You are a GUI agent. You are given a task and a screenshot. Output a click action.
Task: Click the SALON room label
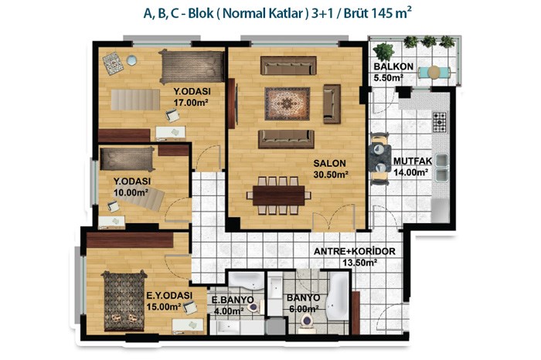click(329, 163)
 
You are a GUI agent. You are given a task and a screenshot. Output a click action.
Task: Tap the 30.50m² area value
click(331, 175)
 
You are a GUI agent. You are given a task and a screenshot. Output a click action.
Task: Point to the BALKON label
click(393, 66)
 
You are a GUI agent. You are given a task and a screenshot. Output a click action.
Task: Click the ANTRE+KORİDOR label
click(354, 251)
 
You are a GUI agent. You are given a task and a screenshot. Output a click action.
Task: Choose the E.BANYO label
click(232, 300)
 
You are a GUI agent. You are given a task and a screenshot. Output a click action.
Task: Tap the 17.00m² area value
click(190, 103)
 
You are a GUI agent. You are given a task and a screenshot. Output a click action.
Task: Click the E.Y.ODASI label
click(169, 296)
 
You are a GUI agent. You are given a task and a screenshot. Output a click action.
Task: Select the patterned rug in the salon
click(287, 104)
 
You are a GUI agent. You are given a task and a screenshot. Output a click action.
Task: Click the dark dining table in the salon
click(278, 195)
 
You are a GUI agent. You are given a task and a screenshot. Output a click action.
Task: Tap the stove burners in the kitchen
click(440, 122)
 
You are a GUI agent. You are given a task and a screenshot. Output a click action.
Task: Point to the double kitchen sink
click(441, 168)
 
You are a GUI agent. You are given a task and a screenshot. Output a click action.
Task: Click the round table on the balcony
click(434, 73)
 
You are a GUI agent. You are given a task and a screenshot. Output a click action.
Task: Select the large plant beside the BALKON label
click(383, 52)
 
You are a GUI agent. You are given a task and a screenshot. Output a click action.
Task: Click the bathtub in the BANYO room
click(338, 297)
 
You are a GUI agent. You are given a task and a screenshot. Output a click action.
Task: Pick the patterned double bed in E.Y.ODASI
click(124, 301)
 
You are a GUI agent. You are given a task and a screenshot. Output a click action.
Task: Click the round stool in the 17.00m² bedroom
click(131, 60)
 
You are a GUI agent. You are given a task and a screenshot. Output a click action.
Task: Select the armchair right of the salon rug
click(332, 104)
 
